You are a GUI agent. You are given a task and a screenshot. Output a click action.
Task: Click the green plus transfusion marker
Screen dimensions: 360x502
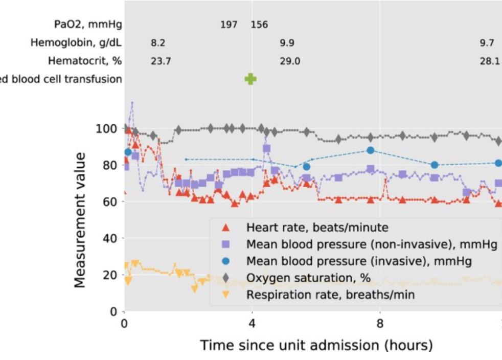(250, 79)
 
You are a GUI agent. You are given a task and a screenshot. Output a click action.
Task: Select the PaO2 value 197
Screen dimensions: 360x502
(229, 24)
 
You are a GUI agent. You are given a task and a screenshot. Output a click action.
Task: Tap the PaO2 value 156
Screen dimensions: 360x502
(259, 24)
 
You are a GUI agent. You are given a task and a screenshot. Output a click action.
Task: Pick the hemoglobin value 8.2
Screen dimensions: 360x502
(158, 43)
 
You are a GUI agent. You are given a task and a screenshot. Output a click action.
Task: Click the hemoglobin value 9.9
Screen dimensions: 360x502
(287, 43)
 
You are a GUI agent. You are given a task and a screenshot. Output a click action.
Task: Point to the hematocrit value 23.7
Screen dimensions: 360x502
(161, 61)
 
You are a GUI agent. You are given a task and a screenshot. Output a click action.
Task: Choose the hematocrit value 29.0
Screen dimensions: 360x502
(289, 61)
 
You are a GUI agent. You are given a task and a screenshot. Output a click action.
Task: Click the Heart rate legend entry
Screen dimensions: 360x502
(317, 227)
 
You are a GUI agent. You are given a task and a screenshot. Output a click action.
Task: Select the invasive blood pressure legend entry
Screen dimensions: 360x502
(358, 261)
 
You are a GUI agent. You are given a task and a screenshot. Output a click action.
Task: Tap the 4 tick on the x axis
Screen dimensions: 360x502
(252, 324)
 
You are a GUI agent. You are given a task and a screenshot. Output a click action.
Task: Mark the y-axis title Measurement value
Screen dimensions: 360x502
(81, 219)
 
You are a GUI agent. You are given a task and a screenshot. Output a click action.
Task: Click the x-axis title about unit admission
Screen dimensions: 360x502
(316, 345)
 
